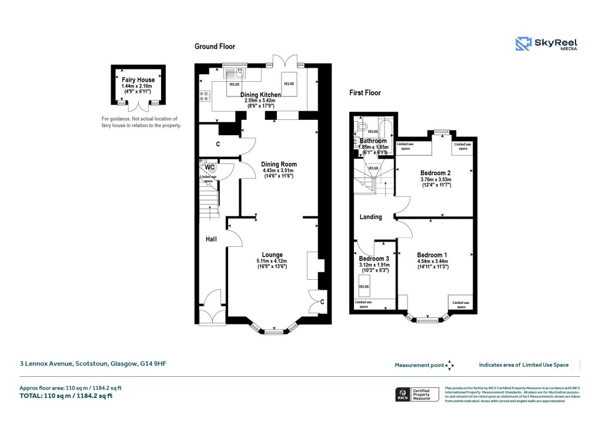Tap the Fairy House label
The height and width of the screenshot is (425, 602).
(x=138, y=80)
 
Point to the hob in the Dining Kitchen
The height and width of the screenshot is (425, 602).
(x=205, y=96)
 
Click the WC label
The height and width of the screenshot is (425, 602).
(x=209, y=167)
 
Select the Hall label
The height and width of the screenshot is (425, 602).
(x=211, y=240)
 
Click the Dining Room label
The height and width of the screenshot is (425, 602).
(x=279, y=165)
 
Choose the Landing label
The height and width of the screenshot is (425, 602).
(x=371, y=217)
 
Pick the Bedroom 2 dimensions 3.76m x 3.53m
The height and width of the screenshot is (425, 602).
(x=436, y=182)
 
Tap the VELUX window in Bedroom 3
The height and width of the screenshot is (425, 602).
(x=364, y=287)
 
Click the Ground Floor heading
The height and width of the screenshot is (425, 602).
(x=215, y=46)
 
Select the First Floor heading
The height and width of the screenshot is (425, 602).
(x=365, y=93)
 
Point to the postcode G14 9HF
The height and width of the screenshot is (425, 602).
(x=153, y=364)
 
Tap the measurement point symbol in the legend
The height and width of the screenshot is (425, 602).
(x=450, y=365)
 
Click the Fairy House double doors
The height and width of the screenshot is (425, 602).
(x=138, y=106)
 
